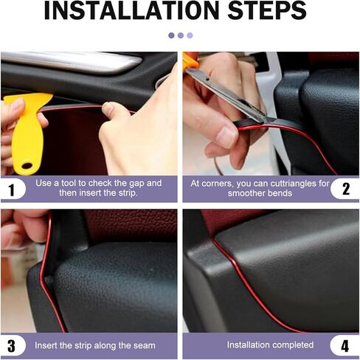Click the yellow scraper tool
[x=25, y=125]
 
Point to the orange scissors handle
[x=190, y=60]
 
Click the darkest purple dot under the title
[x=171, y=35]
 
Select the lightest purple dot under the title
[x=190, y=35]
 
